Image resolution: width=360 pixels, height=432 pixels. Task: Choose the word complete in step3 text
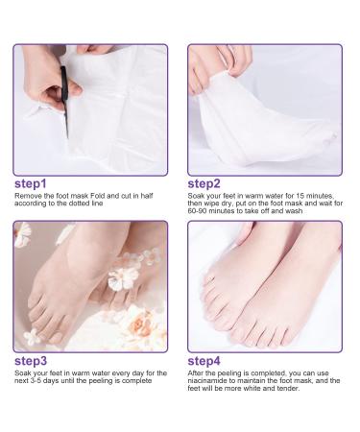point(135,381)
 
